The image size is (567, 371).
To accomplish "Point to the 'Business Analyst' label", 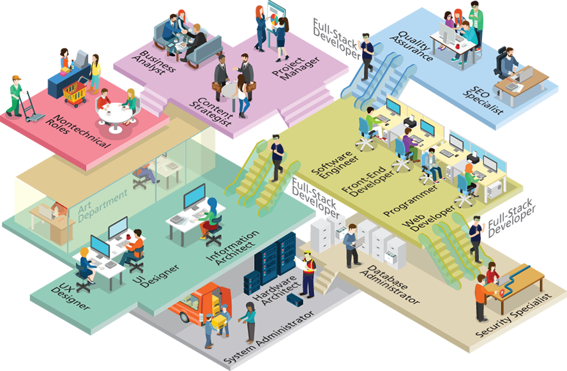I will [153, 63].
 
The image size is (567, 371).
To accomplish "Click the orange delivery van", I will [197, 306].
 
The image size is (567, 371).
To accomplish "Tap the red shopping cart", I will [75, 94].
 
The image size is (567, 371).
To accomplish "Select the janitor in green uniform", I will [15, 96].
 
